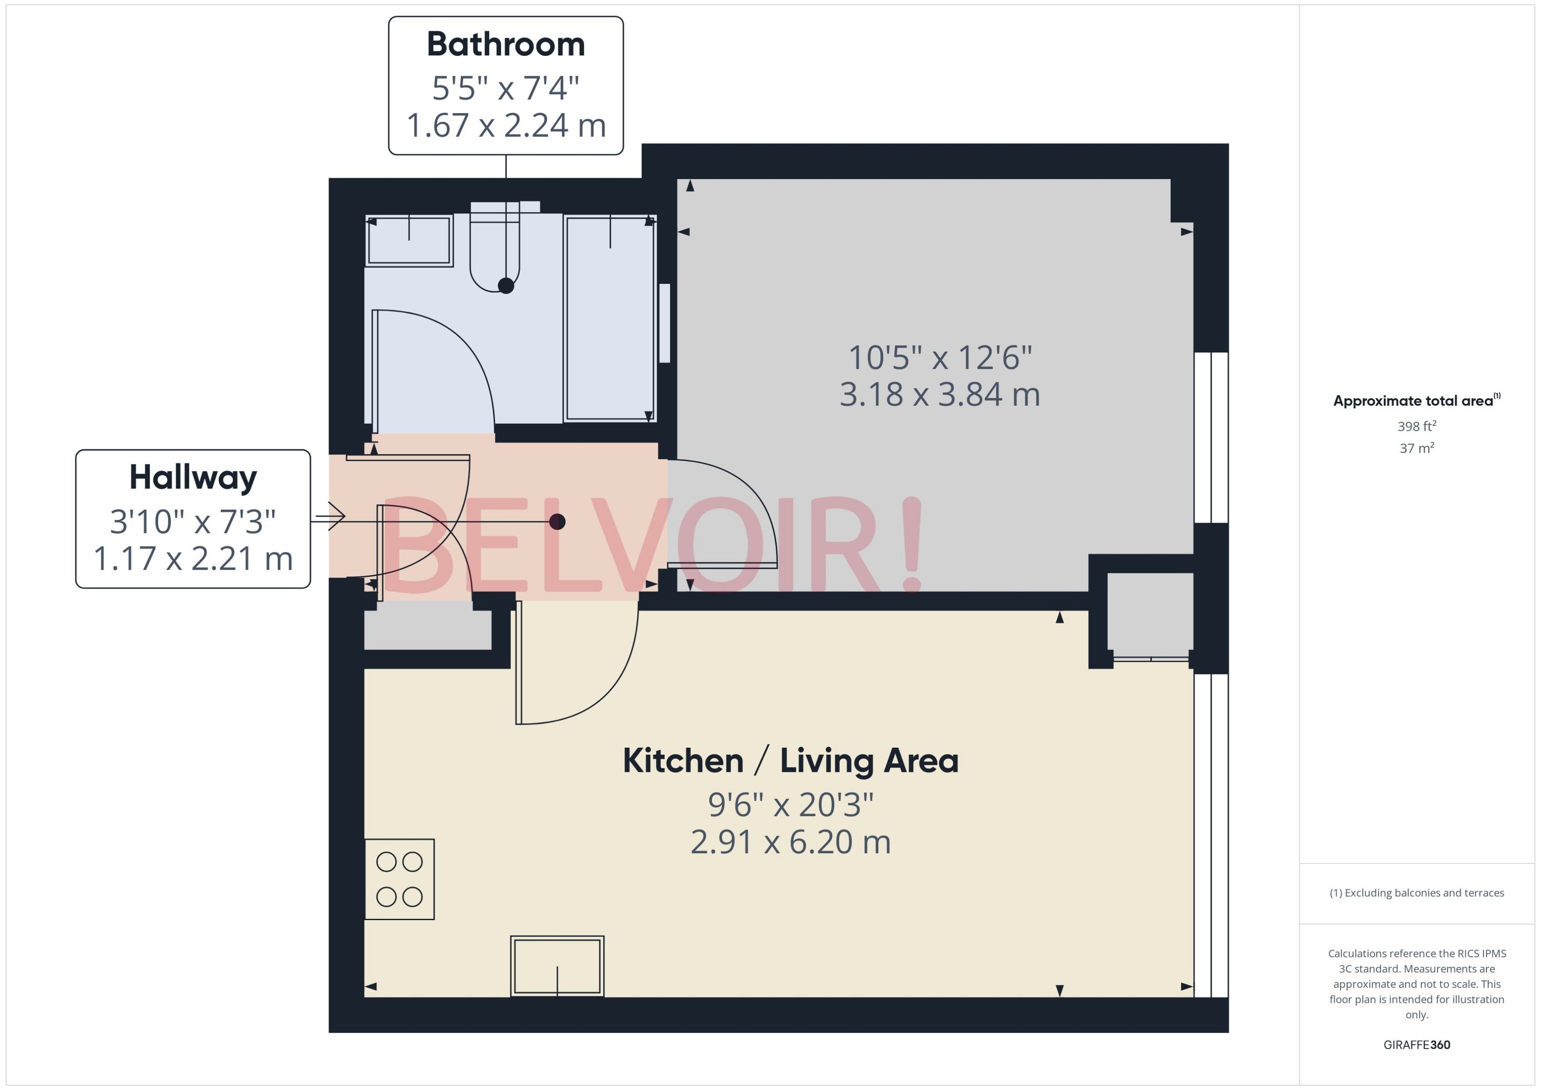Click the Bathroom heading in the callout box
(x=505, y=45)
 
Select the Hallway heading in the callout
(x=193, y=478)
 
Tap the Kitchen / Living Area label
(x=790, y=760)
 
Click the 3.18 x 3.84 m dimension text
(x=940, y=395)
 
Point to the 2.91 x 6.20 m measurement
(x=790, y=842)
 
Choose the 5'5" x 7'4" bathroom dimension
(x=505, y=88)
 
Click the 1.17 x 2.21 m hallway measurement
(x=193, y=558)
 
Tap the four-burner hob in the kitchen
(x=399, y=879)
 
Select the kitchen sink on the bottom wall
(x=557, y=966)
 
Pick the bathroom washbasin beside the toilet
(x=409, y=240)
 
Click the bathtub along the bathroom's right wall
(x=610, y=318)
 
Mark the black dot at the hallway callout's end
(x=557, y=521)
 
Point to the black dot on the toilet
(x=506, y=286)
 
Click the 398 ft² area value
(x=1417, y=426)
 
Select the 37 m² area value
(x=1417, y=448)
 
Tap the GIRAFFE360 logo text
(x=1417, y=1045)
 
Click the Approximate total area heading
(x=1417, y=401)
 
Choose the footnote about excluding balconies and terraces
(x=1417, y=893)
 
